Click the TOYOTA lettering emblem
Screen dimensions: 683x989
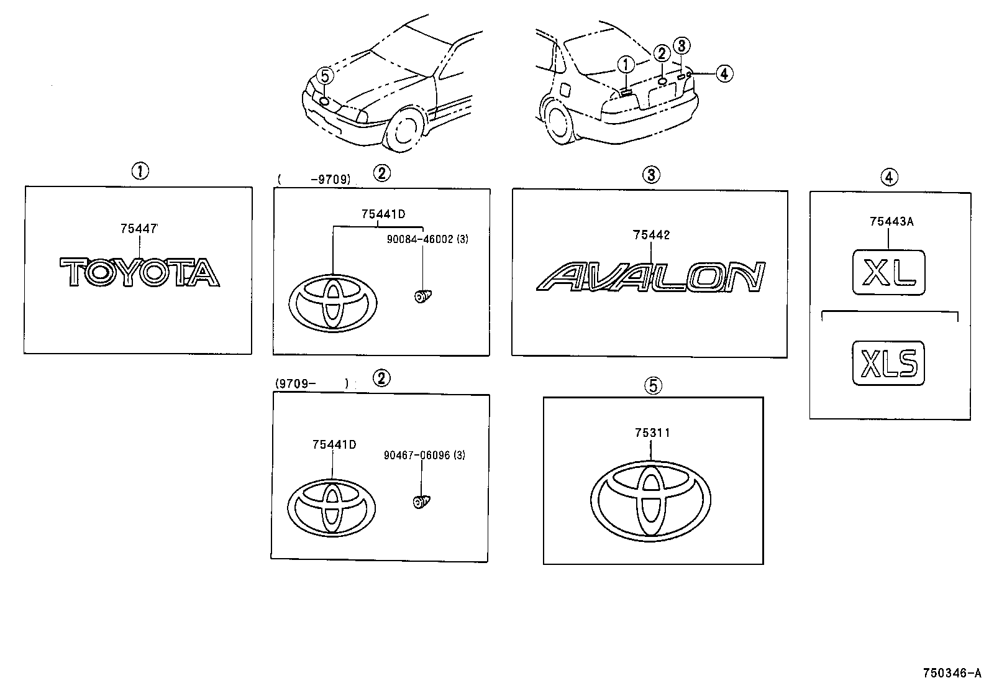[x=139, y=273]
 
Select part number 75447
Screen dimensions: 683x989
[x=139, y=229]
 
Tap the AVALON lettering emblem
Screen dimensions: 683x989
[x=650, y=277]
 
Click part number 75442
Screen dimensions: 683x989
[x=651, y=235]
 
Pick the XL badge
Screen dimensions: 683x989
[x=889, y=273]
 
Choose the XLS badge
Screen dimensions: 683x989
[x=889, y=363]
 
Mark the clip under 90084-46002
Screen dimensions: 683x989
[x=423, y=296]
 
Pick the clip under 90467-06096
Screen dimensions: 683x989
[x=422, y=501]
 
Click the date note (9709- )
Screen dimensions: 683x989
[x=312, y=384]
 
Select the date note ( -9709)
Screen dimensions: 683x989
[x=314, y=180]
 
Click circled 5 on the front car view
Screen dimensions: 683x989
[x=325, y=76]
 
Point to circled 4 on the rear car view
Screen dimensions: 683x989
[x=724, y=73]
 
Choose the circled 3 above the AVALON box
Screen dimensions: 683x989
[x=650, y=175]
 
